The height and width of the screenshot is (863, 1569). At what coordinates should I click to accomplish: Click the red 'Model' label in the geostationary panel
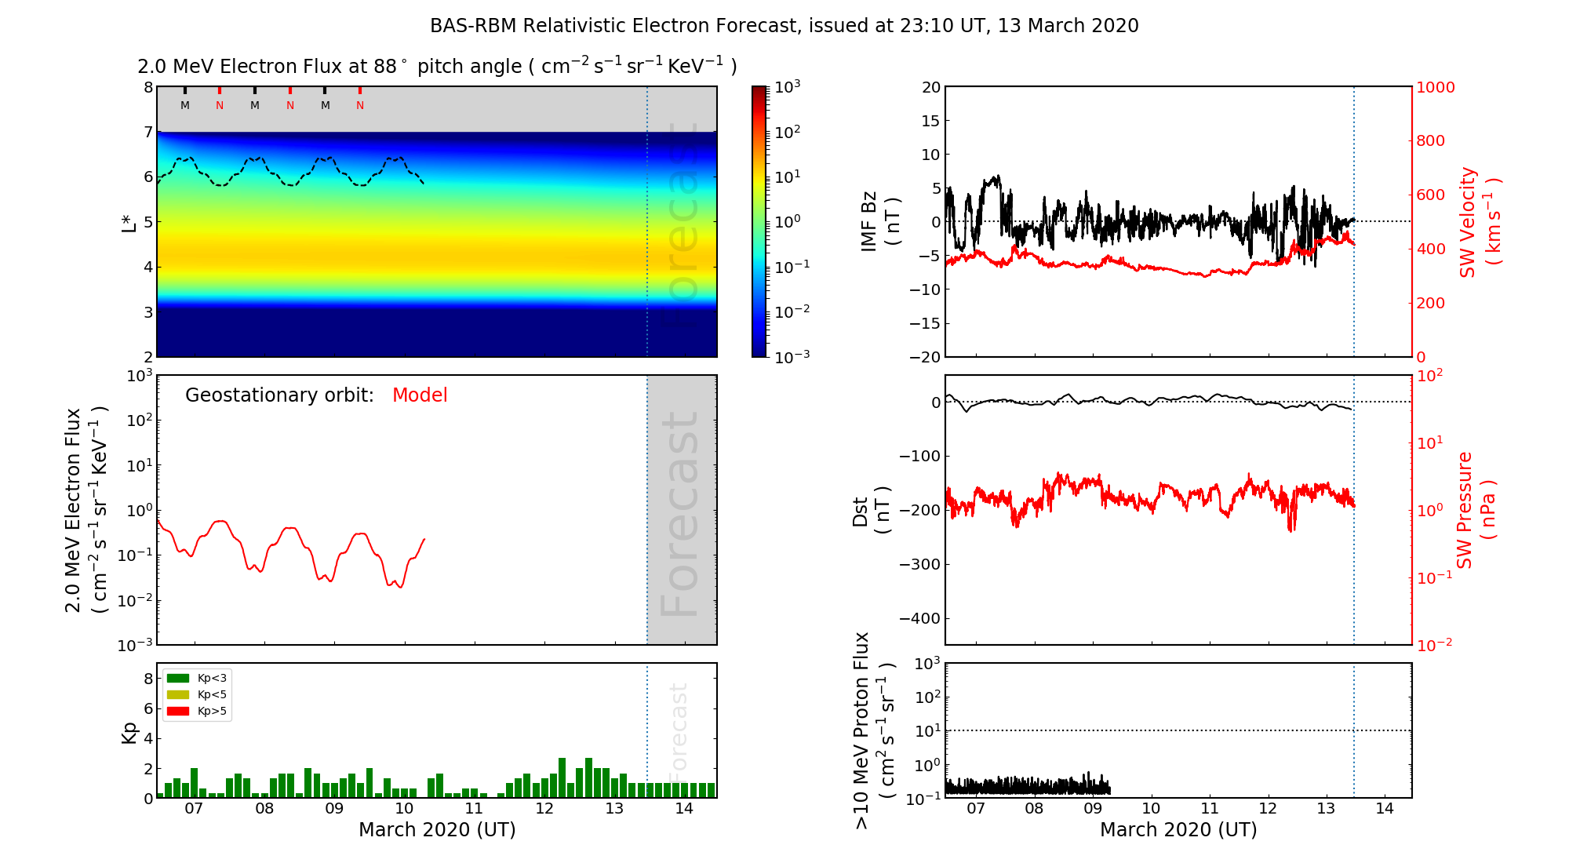[420, 395]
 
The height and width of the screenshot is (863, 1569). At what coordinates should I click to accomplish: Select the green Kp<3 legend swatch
[178, 678]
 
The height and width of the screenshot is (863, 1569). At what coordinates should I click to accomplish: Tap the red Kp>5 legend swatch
[178, 712]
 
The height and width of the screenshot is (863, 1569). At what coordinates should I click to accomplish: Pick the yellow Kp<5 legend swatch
[178, 695]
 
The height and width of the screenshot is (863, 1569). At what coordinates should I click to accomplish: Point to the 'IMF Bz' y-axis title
[869, 221]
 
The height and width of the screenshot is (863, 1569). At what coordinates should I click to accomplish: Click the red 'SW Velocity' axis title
[1468, 222]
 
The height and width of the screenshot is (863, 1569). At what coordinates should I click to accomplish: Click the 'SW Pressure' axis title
[1465, 510]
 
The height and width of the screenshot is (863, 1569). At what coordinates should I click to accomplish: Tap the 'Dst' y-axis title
[861, 511]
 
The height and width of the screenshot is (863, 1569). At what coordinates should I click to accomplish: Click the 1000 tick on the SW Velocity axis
[1435, 87]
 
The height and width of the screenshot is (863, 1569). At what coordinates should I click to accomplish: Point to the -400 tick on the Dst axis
[919, 618]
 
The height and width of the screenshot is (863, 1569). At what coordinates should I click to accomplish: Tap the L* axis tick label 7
[147, 132]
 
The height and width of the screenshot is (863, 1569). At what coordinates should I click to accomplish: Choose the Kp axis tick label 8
[147, 679]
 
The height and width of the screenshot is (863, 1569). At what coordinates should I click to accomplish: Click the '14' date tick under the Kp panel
[684, 809]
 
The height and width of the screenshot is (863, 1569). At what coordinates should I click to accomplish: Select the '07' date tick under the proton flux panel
[975, 809]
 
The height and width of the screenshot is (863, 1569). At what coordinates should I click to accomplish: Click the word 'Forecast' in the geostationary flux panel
[680, 514]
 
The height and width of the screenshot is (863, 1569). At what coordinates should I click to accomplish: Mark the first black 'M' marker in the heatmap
[185, 105]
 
